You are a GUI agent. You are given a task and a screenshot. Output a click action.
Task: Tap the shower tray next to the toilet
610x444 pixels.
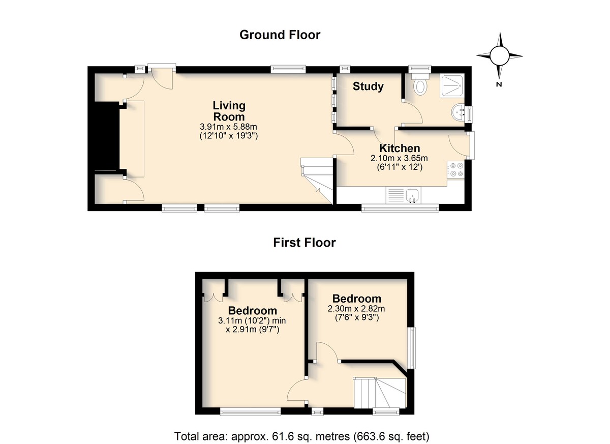tap(452, 86)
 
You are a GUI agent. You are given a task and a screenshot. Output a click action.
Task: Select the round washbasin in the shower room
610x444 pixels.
tap(458, 112)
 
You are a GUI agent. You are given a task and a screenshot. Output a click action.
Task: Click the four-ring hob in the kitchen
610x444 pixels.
tap(455, 169)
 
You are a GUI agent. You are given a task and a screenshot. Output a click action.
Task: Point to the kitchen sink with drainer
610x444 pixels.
tap(403, 195)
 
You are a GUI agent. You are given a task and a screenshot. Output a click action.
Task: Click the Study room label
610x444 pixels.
tap(368, 86)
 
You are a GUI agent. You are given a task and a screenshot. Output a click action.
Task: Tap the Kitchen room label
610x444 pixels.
tap(400, 149)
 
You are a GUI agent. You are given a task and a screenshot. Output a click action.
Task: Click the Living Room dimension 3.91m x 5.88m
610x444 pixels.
tap(228, 127)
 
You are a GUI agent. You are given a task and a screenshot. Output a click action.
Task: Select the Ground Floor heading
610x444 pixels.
tap(280, 35)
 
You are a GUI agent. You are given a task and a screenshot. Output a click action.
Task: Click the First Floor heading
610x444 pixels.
tap(304, 243)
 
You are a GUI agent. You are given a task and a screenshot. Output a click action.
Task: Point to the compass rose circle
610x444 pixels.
tap(499, 55)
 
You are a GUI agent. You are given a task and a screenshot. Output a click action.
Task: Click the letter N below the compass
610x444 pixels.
tap(499, 84)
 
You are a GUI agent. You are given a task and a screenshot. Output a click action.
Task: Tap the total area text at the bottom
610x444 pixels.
tap(302, 429)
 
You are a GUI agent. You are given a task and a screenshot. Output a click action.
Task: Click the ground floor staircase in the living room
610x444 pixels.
tap(317, 180)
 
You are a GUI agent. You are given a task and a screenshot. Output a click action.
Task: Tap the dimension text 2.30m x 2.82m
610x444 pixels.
tap(356, 309)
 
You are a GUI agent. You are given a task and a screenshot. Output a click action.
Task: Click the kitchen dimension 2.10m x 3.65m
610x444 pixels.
tap(399, 158)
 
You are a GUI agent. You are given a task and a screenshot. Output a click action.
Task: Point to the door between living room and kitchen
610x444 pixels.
tap(344, 144)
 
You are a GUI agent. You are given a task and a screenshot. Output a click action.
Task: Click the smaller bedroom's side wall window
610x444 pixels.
tap(413, 348)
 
